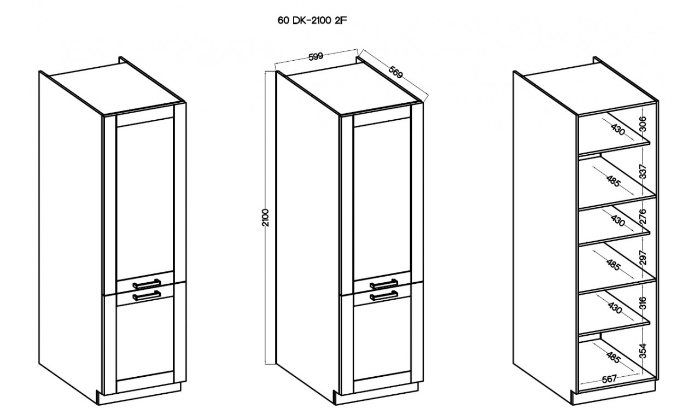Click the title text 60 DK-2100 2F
click(312, 21)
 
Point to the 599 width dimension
click(316, 56)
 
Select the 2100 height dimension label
click(265, 218)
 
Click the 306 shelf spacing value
click(643, 124)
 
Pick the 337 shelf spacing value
click(643, 171)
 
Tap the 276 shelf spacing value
click(643, 217)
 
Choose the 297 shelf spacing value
click(643, 258)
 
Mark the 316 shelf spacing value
click(643, 303)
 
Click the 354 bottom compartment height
click(643, 351)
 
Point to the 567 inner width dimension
click(609, 379)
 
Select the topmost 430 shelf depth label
click(617, 129)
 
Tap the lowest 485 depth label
click(613, 358)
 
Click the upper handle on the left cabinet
click(147, 284)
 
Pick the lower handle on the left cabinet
click(147, 296)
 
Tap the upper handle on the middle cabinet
click(384, 284)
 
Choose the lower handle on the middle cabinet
click(384, 296)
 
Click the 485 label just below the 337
click(613, 181)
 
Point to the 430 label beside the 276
click(617, 220)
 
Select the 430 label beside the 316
click(615, 307)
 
